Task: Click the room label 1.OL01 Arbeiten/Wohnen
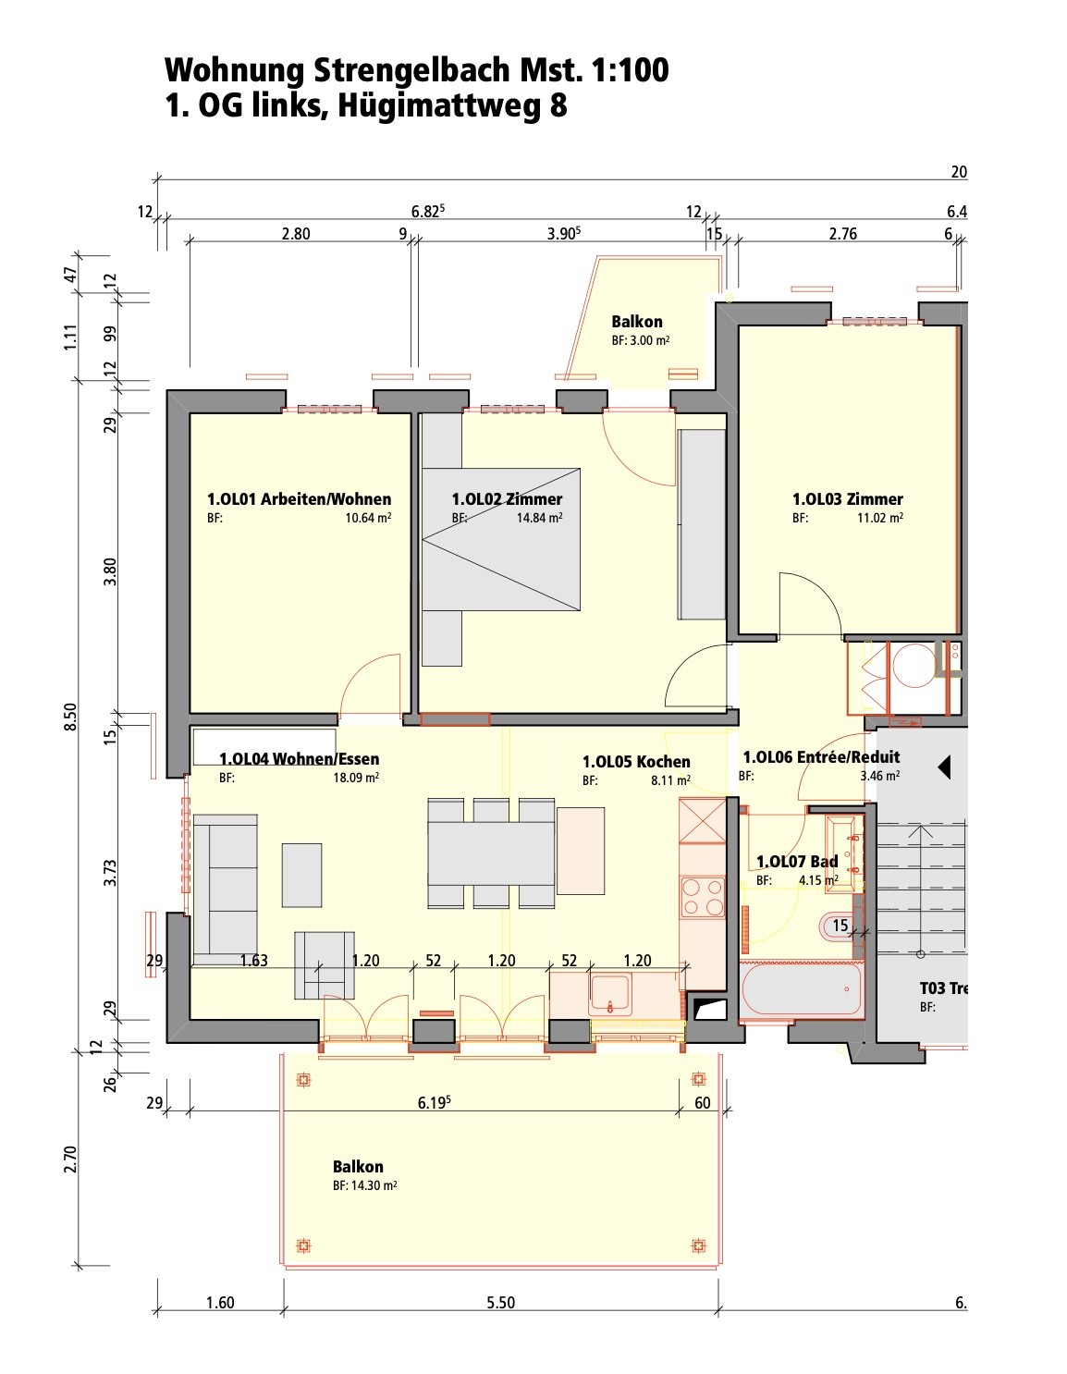(299, 499)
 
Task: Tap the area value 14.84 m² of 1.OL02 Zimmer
(539, 518)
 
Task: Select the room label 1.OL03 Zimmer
(848, 499)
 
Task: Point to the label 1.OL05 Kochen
(636, 762)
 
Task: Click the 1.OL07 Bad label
(797, 861)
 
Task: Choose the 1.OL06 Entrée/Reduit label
(821, 757)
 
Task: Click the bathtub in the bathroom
(802, 990)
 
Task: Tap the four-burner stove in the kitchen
(703, 896)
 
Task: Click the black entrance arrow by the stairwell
(944, 768)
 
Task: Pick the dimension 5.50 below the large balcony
(500, 1303)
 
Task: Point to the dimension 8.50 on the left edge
(71, 717)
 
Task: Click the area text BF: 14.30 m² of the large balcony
(364, 1185)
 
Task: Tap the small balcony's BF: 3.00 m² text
(641, 340)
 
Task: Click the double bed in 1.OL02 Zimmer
(500, 539)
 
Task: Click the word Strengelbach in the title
(411, 69)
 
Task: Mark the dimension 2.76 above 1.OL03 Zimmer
(842, 234)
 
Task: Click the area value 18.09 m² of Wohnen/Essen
(356, 778)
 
